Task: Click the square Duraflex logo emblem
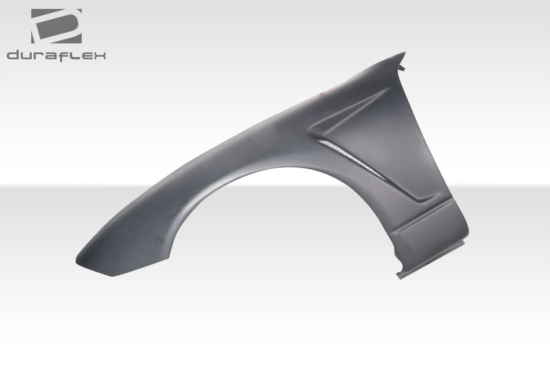click(x=56, y=26)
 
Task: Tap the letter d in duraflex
click(x=13, y=56)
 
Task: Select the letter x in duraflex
click(x=99, y=56)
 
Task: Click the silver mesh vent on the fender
click(x=352, y=159)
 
